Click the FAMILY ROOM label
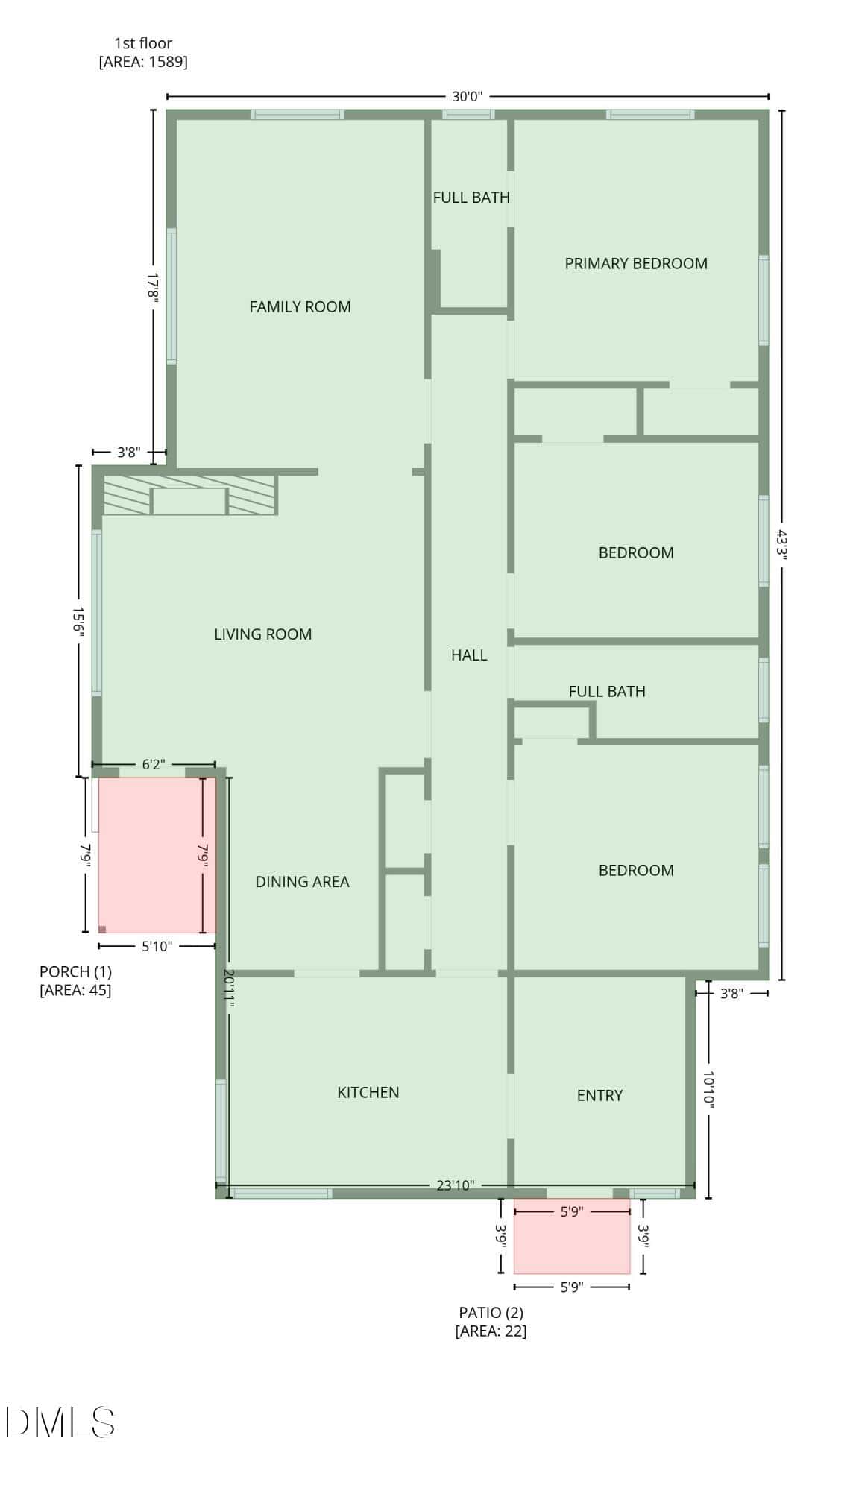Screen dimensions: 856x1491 coord(300,306)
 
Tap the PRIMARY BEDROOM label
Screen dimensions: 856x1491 coord(636,263)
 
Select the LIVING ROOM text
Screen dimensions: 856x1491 coord(262,634)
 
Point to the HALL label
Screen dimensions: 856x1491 coord(469,655)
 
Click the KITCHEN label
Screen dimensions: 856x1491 coord(368,1093)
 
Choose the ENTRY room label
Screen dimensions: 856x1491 coord(599,1096)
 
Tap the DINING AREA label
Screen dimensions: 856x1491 coord(302,882)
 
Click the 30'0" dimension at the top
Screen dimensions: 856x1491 coord(468,96)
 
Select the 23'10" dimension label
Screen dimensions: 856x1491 coord(455,1185)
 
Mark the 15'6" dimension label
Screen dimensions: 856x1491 coord(78,619)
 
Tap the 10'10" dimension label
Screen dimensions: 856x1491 coord(708,1091)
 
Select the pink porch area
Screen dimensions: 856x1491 coord(157,855)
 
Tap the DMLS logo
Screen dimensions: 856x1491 coord(60,1422)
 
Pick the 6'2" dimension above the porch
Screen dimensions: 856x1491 coord(154,765)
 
